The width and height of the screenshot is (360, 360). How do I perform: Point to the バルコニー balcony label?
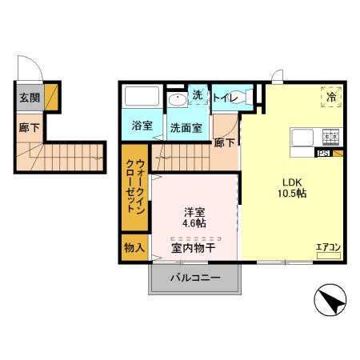[194, 278]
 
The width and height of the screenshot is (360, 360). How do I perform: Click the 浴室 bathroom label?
[142, 126]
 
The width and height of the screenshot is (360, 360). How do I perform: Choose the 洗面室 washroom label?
[185, 126]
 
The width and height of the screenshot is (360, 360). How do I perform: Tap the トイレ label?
[225, 96]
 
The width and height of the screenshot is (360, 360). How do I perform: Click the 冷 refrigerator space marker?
[330, 96]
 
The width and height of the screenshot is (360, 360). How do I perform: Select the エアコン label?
[328, 247]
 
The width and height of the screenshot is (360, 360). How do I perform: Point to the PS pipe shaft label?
[323, 154]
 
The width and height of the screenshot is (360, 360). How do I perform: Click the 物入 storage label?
[133, 247]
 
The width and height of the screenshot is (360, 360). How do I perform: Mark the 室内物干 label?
[193, 248]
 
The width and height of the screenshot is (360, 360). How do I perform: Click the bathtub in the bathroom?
[142, 98]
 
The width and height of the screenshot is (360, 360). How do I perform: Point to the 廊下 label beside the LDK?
[225, 142]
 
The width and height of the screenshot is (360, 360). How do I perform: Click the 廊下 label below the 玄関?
[29, 126]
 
